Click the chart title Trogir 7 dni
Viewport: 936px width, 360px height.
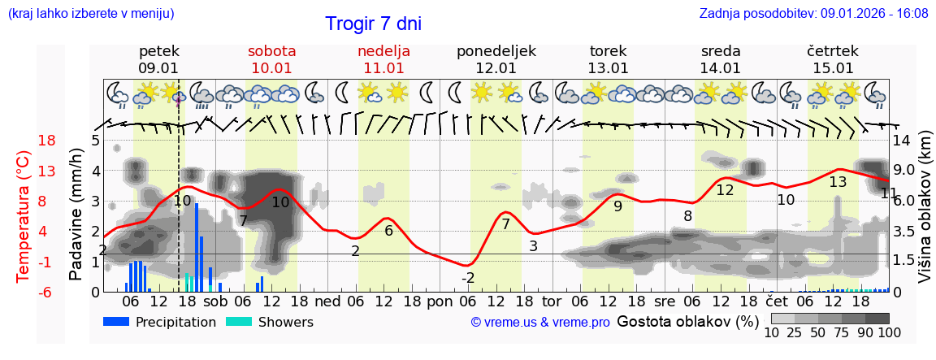373,24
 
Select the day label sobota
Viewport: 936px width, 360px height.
271,51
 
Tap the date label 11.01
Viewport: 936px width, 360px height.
383,68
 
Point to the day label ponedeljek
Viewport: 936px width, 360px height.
496,51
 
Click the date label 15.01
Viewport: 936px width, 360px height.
833,68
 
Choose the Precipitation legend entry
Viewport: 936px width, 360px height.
160,322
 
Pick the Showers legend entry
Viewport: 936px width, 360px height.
269,322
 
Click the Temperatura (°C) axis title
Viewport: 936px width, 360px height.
23,216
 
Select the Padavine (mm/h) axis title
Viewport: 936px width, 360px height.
76,215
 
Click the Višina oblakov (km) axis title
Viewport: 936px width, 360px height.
925,215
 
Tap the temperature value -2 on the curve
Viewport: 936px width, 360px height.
468,279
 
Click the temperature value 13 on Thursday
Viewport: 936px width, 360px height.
838,182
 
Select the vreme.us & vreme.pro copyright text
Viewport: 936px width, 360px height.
540,323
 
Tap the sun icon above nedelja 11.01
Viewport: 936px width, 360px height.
396,92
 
